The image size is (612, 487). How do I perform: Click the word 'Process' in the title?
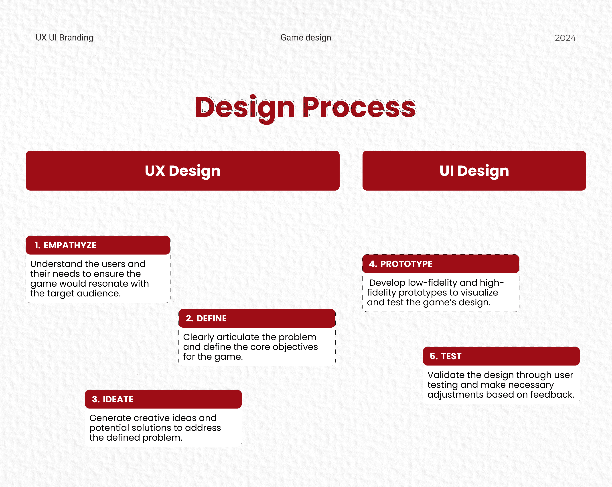(359, 107)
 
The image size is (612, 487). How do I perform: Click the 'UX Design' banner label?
(182, 171)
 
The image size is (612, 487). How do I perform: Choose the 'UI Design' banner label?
(474, 171)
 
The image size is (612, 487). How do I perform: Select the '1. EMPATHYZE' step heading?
(66, 245)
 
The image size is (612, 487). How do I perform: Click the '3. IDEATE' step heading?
(112, 399)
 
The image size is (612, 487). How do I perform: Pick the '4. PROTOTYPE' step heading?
(401, 264)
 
